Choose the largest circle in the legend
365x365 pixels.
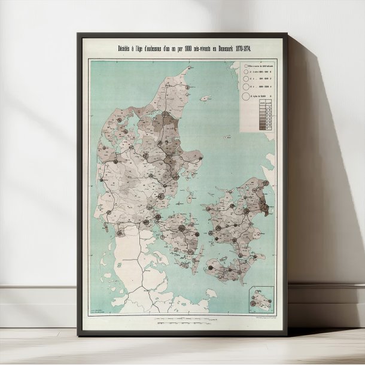pos(245,95)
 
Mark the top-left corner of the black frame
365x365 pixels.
pos(78,34)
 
